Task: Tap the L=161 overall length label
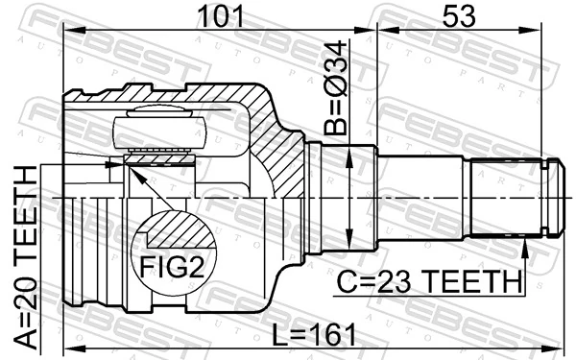click(313, 335)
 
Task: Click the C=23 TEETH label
click(429, 282)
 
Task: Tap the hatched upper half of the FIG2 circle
click(173, 230)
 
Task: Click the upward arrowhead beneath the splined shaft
click(525, 249)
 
